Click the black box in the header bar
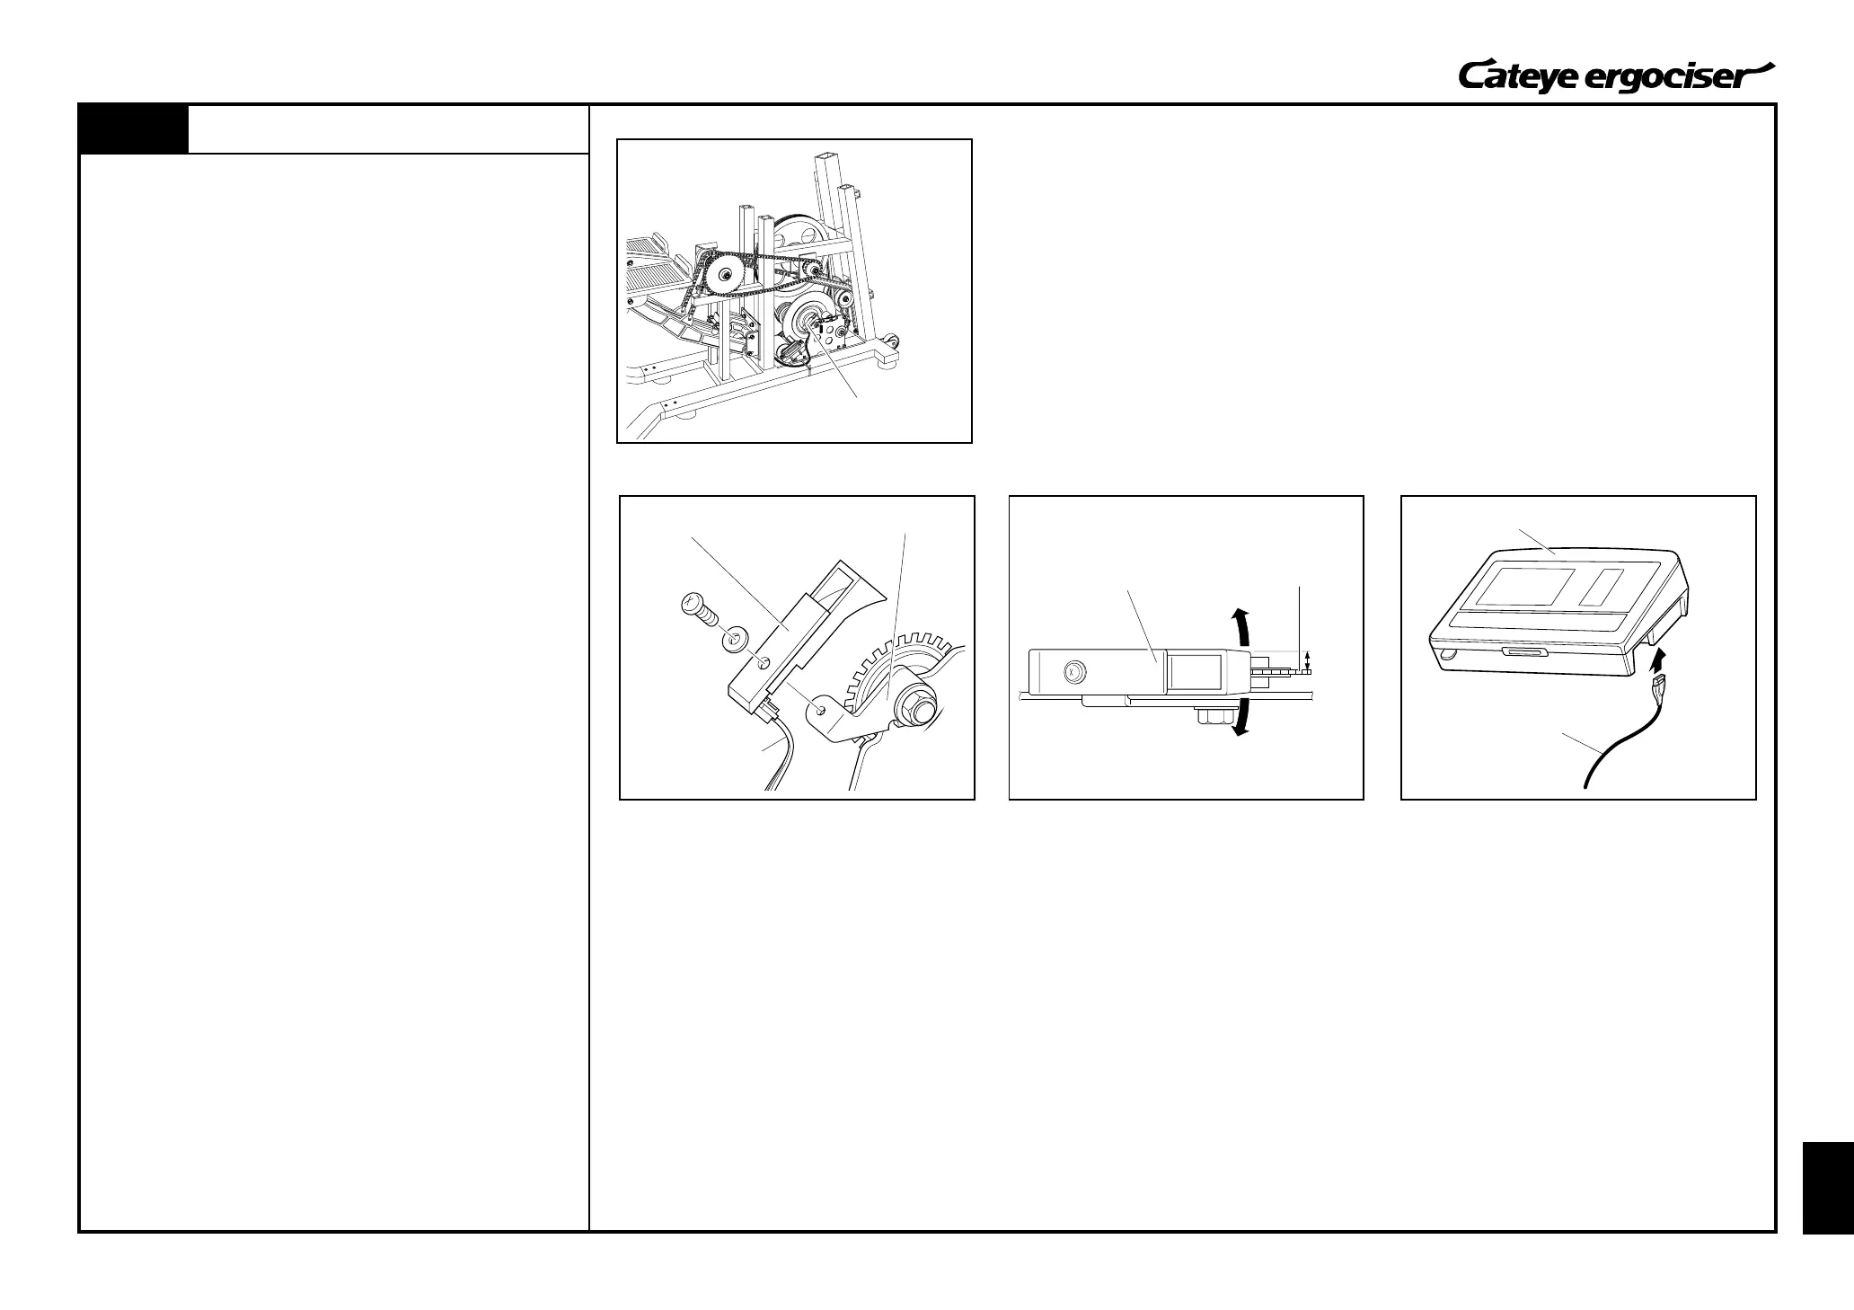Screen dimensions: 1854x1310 pyautogui.click(x=134, y=129)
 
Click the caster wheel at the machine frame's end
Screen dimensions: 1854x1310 pyautogui.click(x=892, y=342)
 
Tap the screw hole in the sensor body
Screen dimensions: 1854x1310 pyautogui.click(x=764, y=662)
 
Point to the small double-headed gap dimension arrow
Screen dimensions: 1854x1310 pyautogui.click(x=1307, y=663)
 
